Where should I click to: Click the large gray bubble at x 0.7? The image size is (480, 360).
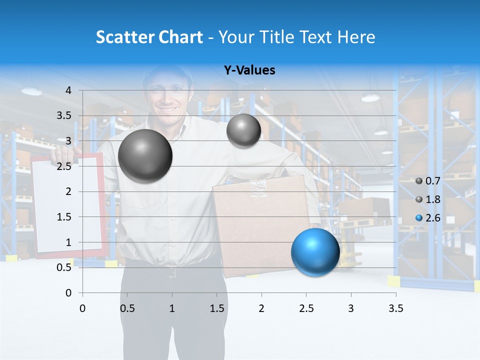(x=145, y=156)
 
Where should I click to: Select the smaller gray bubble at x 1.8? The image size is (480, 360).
(x=243, y=130)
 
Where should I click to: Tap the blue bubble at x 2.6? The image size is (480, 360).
(x=315, y=252)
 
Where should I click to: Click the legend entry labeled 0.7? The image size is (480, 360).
(x=428, y=181)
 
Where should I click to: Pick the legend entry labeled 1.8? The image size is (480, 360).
(x=428, y=199)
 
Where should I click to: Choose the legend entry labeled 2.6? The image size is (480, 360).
(x=428, y=217)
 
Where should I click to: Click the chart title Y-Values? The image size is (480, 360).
(x=249, y=70)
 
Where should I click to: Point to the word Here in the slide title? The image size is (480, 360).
(x=356, y=37)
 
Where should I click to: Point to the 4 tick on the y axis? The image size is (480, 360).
(x=69, y=90)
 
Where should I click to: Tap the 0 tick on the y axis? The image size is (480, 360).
(x=69, y=292)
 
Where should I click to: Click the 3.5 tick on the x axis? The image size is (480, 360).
(x=395, y=308)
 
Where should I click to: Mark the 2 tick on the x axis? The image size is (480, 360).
(x=261, y=308)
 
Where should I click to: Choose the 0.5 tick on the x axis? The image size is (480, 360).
(x=127, y=308)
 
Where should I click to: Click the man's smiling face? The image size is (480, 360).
(x=167, y=97)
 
